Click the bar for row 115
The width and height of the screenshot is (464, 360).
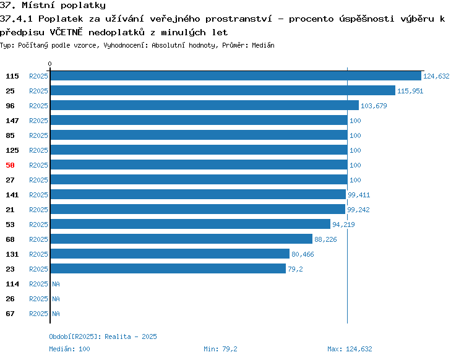[236, 75]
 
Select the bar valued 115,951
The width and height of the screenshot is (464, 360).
[223, 90]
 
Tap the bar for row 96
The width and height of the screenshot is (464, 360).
[205, 105]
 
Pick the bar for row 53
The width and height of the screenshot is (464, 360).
[191, 224]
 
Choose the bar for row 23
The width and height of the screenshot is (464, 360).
[168, 268]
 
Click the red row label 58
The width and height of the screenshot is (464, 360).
[10, 165]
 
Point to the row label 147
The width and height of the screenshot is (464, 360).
[12, 121]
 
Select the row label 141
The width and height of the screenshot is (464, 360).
[12, 195]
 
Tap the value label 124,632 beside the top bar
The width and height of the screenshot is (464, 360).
[436, 76]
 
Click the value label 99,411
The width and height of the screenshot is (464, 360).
[359, 195]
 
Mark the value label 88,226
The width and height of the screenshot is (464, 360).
[325, 239]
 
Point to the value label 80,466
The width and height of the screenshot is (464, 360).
[303, 254]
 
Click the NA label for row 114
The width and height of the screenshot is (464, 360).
[56, 284]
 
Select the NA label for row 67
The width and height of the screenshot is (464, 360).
[56, 314]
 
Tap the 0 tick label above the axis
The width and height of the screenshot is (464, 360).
[49, 64]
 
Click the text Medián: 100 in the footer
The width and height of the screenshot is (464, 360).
[69, 349]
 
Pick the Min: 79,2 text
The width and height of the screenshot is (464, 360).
[220, 349]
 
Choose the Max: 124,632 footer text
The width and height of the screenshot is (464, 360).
[350, 349]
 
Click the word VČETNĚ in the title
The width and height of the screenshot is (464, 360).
[66, 32]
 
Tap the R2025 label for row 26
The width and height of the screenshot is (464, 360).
[38, 299]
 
